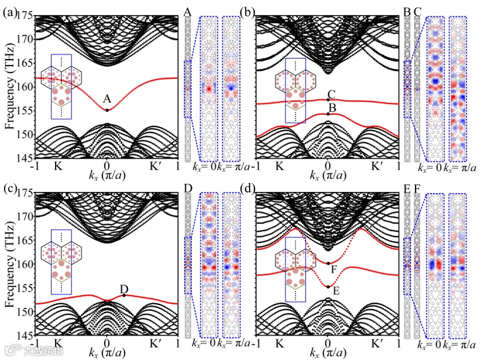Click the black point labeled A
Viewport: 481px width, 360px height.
[107, 110]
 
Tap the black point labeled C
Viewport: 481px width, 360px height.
[328, 100]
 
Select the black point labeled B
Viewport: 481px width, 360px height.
[328, 114]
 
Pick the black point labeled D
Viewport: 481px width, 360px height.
[124, 295]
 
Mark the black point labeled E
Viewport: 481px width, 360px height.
[328, 286]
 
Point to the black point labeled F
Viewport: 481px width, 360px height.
[328, 263]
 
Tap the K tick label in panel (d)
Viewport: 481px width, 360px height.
[280, 345]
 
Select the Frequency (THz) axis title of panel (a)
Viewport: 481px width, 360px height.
[9, 85]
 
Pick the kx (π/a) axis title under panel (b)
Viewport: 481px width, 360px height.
[328, 176]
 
